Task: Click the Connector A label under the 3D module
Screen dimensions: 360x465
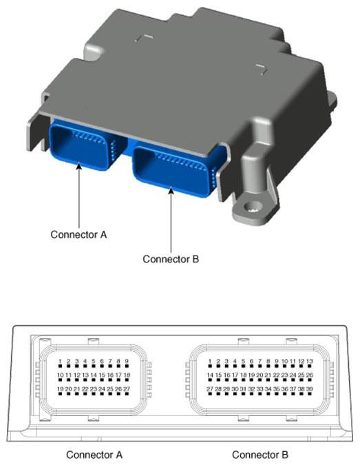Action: pyautogui.click(x=78, y=235)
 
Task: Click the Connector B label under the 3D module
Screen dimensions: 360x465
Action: pyautogui.click(x=171, y=259)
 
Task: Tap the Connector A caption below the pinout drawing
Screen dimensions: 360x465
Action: pyautogui.click(x=94, y=455)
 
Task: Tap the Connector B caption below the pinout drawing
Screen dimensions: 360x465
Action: pyautogui.click(x=260, y=455)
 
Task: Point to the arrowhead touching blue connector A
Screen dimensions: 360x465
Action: pyautogui.click(x=79, y=166)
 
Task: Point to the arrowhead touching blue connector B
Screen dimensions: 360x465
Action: pyautogui.click(x=171, y=190)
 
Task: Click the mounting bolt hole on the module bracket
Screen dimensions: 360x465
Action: pyautogui.click(x=252, y=207)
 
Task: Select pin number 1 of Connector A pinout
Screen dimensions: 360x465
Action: pyautogui.click(x=60, y=361)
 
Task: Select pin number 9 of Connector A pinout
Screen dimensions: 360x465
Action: pyautogui.click(x=127, y=361)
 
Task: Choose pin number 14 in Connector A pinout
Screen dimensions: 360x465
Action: pyautogui.click(x=94, y=375)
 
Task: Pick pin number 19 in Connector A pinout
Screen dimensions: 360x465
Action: pyautogui.click(x=60, y=389)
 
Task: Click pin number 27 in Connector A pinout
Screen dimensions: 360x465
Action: pyautogui.click(x=127, y=389)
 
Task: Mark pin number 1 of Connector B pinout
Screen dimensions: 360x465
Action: pyautogui.click(x=210, y=361)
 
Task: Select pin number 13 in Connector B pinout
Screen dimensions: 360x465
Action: pyautogui.click(x=309, y=361)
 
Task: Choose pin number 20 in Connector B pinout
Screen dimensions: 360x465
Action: pyautogui.click(x=260, y=375)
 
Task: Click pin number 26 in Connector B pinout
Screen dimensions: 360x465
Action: pyautogui.click(x=309, y=375)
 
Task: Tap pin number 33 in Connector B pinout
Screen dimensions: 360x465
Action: pyautogui.click(x=260, y=389)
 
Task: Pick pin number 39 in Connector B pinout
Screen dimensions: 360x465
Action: pyautogui.click(x=309, y=389)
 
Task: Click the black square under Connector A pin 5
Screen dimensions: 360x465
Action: pyautogui.click(x=94, y=366)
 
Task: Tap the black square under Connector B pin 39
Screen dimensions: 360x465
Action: pyautogui.click(x=310, y=394)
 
